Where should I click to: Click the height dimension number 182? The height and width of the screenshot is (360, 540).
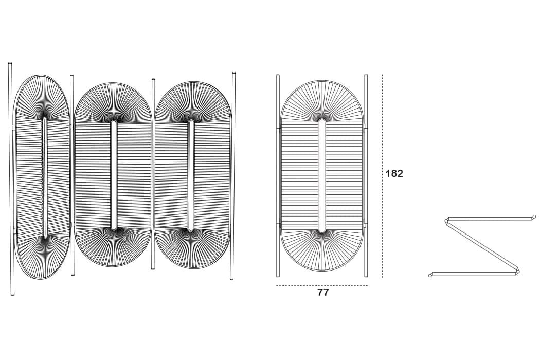tap(394, 173)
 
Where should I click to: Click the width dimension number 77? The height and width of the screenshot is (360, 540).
tap(323, 293)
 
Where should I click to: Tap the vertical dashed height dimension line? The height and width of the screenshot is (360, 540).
tap(382, 176)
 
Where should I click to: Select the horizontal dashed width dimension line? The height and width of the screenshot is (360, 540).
tap(322, 285)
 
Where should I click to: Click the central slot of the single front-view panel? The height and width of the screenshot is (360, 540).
tap(321, 176)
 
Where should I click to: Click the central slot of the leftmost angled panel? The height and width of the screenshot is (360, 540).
tap(44, 177)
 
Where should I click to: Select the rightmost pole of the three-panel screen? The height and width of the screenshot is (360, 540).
tap(233, 176)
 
